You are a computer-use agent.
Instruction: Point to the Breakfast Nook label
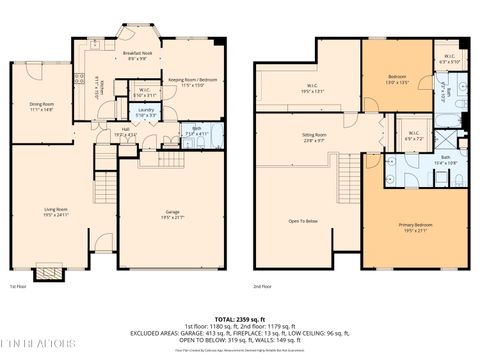pos(137,56)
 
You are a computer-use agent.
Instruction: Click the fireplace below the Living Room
pos(46,273)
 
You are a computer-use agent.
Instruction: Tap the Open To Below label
pos(303,222)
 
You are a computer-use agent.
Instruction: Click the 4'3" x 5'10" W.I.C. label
pos(450,58)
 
